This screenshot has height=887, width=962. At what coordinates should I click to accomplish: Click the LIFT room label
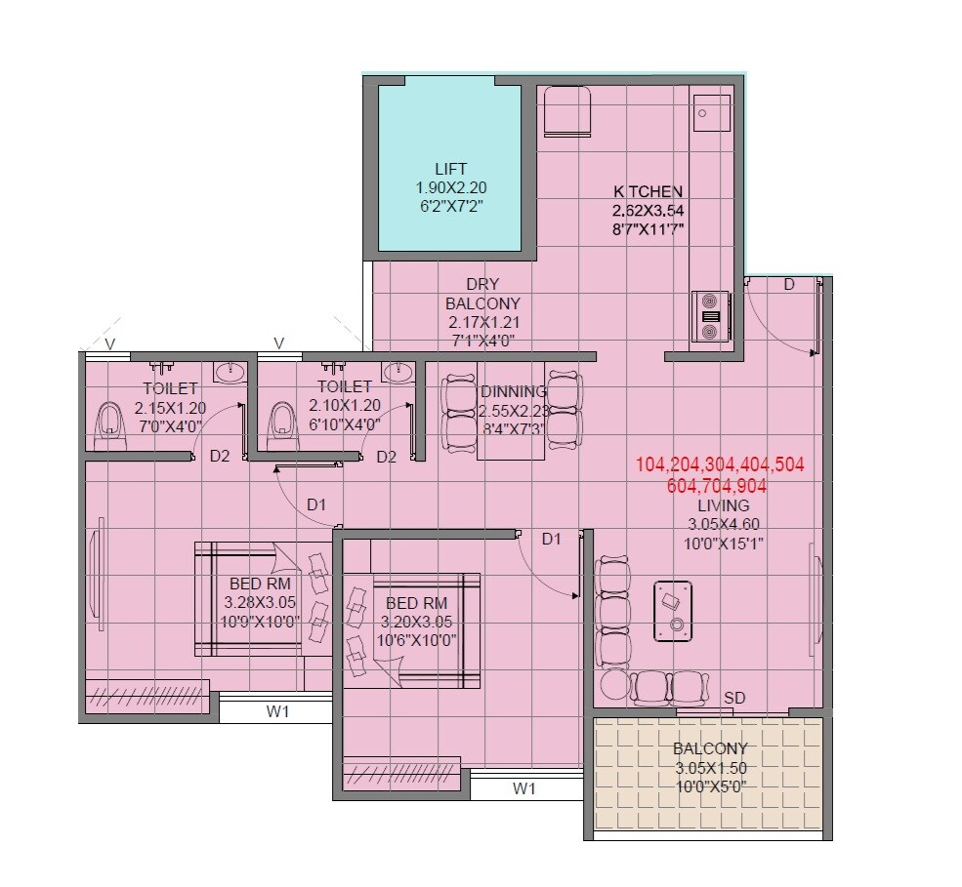tap(450, 168)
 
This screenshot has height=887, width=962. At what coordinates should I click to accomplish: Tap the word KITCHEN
tap(647, 191)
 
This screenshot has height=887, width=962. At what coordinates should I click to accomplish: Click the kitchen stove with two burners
tap(709, 316)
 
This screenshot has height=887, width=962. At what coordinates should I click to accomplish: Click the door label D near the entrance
tap(789, 284)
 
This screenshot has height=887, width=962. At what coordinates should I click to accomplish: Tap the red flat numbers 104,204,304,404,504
tap(720, 465)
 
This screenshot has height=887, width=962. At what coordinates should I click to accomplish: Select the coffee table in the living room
tap(672, 611)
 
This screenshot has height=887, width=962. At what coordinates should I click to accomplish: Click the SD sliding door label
tap(734, 699)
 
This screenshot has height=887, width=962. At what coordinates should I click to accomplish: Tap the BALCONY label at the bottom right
tap(710, 748)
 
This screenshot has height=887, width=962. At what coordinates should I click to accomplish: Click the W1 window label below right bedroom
tap(525, 787)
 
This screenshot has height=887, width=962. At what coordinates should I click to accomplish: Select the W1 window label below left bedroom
tap(278, 711)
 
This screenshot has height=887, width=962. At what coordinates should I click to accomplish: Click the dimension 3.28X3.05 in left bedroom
tap(260, 602)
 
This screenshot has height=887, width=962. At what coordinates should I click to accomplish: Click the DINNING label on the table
tap(513, 391)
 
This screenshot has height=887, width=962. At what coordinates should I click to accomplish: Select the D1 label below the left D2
tap(315, 504)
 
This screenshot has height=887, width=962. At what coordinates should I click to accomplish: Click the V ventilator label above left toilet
tap(110, 343)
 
